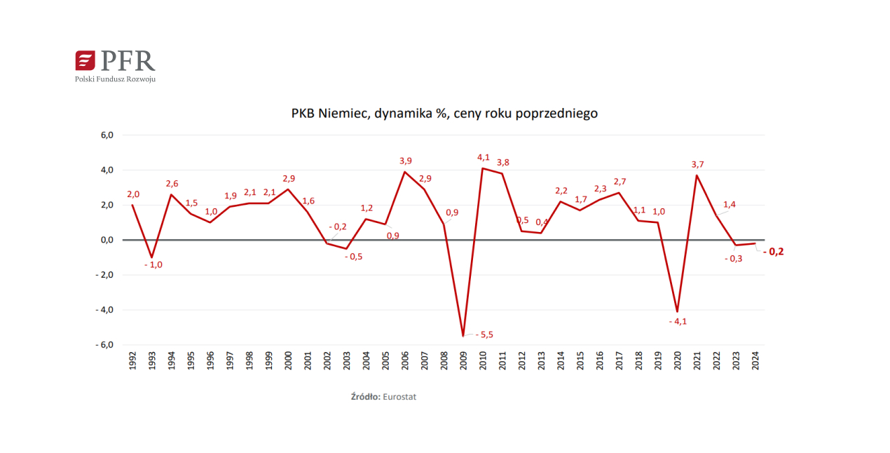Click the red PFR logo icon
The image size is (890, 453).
(x=85, y=60)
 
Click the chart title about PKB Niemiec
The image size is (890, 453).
(x=444, y=113)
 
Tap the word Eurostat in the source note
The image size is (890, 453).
(x=400, y=397)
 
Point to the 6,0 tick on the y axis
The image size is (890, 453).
(x=105, y=135)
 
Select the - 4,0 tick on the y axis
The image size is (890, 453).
(x=104, y=310)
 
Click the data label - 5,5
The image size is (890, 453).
(x=484, y=334)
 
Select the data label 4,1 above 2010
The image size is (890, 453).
(x=483, y=157)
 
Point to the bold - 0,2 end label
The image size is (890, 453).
(x=773, y=252)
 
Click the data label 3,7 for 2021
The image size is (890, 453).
(x=697, y=164)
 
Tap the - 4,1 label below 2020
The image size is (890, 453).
(x=678, y=321)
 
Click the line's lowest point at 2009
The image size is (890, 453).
(x=463, y=336)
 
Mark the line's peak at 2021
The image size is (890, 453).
(x=697, y=175)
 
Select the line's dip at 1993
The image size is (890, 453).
(x=152, y=257)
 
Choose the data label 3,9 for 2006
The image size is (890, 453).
(x=405, y=161)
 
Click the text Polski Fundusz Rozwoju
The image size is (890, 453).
(x=115, y=79)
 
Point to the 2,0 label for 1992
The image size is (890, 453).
(x=133, y=194)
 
